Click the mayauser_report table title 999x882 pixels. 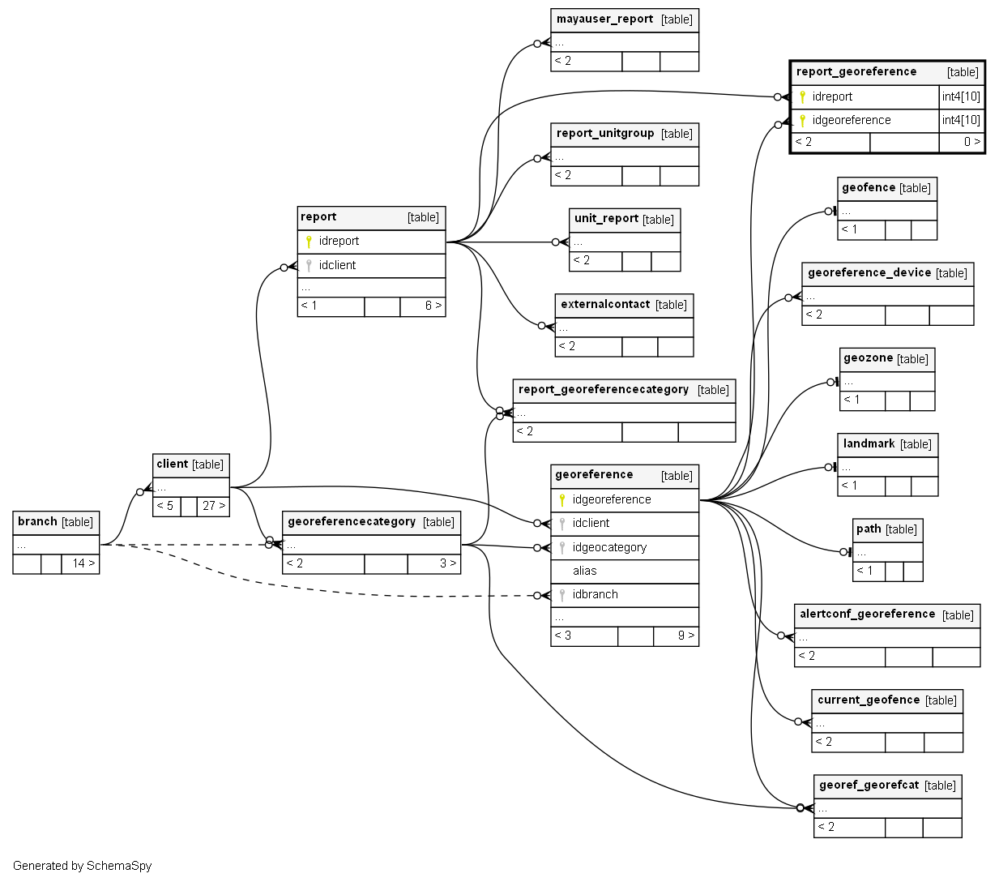coord(604,19)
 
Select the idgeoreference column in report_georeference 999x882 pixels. coord(851,120)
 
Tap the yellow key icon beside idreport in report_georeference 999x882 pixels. coord(802,96)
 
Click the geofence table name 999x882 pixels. coord(868,188)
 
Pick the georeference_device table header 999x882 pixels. coord(869,273)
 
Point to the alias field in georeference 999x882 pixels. coord(584,571)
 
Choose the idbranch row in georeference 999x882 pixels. coord(595,594)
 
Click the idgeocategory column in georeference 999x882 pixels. coord(609,547)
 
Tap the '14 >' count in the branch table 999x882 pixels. coord(83,563)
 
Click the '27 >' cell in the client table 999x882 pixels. coord(213,506)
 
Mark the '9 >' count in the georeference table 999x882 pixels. coord(685,636)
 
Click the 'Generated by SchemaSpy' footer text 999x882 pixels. coord(82,866)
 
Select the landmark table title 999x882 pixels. coord(869,444)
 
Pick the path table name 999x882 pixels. coord(869,529)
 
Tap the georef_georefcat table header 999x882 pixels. coord(869,786)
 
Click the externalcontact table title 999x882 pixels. coord(605,305)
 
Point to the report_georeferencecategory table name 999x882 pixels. coord(604,390)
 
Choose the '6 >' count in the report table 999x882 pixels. coord(433,306)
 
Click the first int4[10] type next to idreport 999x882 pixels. coord(961,96)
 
